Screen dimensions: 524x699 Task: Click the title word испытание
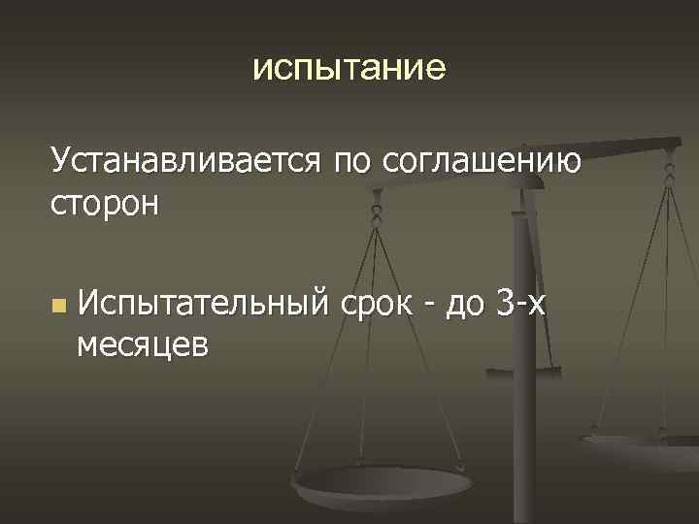pyautogui.click(x=349, y=69)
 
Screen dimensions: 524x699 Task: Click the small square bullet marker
pyautogui.click(x=60, y=307)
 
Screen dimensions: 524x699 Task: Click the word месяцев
pyautogui.click(x=143, y=346)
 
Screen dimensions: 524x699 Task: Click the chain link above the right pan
pyautogui.click(x=667, y=175)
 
